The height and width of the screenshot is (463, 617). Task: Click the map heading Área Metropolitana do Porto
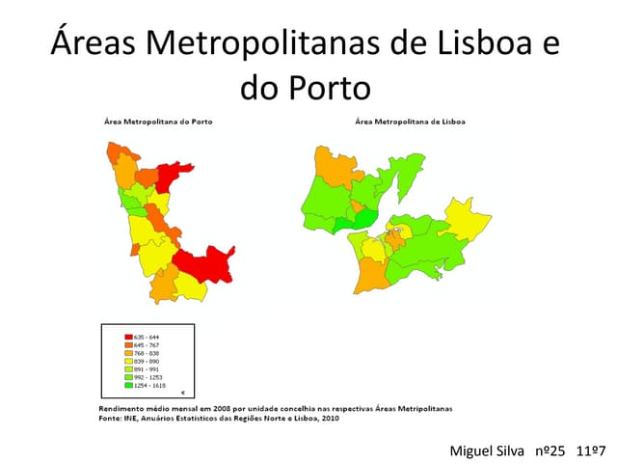[158, 122]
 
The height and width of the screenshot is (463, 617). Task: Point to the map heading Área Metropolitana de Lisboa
[410, 122]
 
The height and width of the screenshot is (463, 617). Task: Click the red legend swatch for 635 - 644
[127, 337]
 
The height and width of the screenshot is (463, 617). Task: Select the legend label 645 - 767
[147, 345]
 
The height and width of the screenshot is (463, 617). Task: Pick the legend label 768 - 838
[147, 353]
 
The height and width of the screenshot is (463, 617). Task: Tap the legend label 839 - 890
[147, 361]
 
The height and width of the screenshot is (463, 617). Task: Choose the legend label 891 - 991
[147, 368]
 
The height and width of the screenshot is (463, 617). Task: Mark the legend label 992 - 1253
[148, 377]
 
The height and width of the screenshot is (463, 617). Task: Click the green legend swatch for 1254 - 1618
[127, 385]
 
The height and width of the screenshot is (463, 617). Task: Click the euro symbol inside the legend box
[183, 393]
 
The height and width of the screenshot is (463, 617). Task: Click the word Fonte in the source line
[111, 418]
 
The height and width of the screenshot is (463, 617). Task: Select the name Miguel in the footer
[471, 450]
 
